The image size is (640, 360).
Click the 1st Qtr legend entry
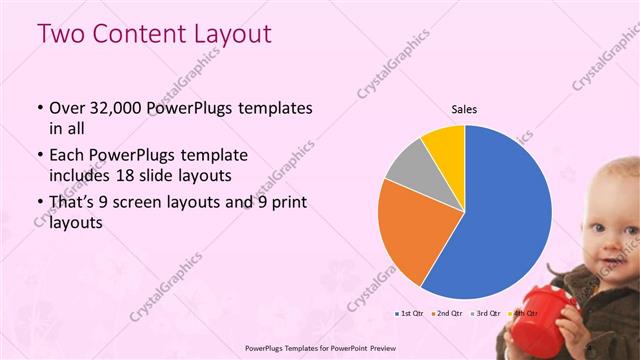click(x=408, y=313)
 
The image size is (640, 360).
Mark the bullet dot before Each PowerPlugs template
click(x=38, y=156)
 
